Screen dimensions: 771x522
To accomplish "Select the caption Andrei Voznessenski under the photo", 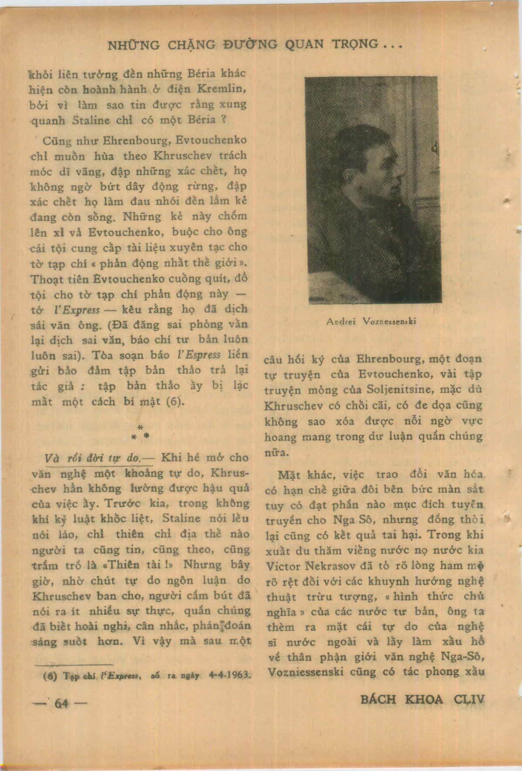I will coord(371,321).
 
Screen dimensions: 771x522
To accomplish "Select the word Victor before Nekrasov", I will coord(283,566).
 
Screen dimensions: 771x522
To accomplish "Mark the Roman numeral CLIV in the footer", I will coord(469,700).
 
